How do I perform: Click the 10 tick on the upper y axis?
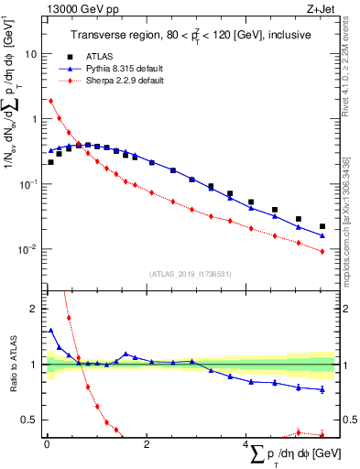point(35,53)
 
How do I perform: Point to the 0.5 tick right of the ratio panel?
point(348,420)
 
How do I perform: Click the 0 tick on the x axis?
point(47,445)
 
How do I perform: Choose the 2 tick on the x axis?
point(147,445)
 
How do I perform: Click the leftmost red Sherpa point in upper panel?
point(50,101)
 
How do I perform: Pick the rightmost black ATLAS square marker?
point(322,226)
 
